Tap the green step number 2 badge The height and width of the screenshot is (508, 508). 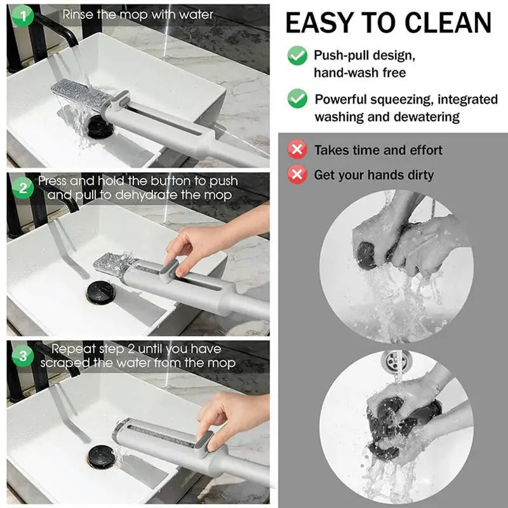click(x=23, y=188)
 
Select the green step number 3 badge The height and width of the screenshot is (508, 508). click(x=23, y=356)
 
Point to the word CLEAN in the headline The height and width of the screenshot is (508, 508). click(x=448, y=23)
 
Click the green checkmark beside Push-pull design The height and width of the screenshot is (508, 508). click(x=297, y=55)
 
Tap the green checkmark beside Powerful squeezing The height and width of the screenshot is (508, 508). click(x=297, y=98)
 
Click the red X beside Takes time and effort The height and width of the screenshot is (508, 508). click(x=297, y=150)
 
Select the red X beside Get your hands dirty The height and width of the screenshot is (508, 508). click(x=297, y=175)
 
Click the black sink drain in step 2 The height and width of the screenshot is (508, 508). click(x=101, y=293)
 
